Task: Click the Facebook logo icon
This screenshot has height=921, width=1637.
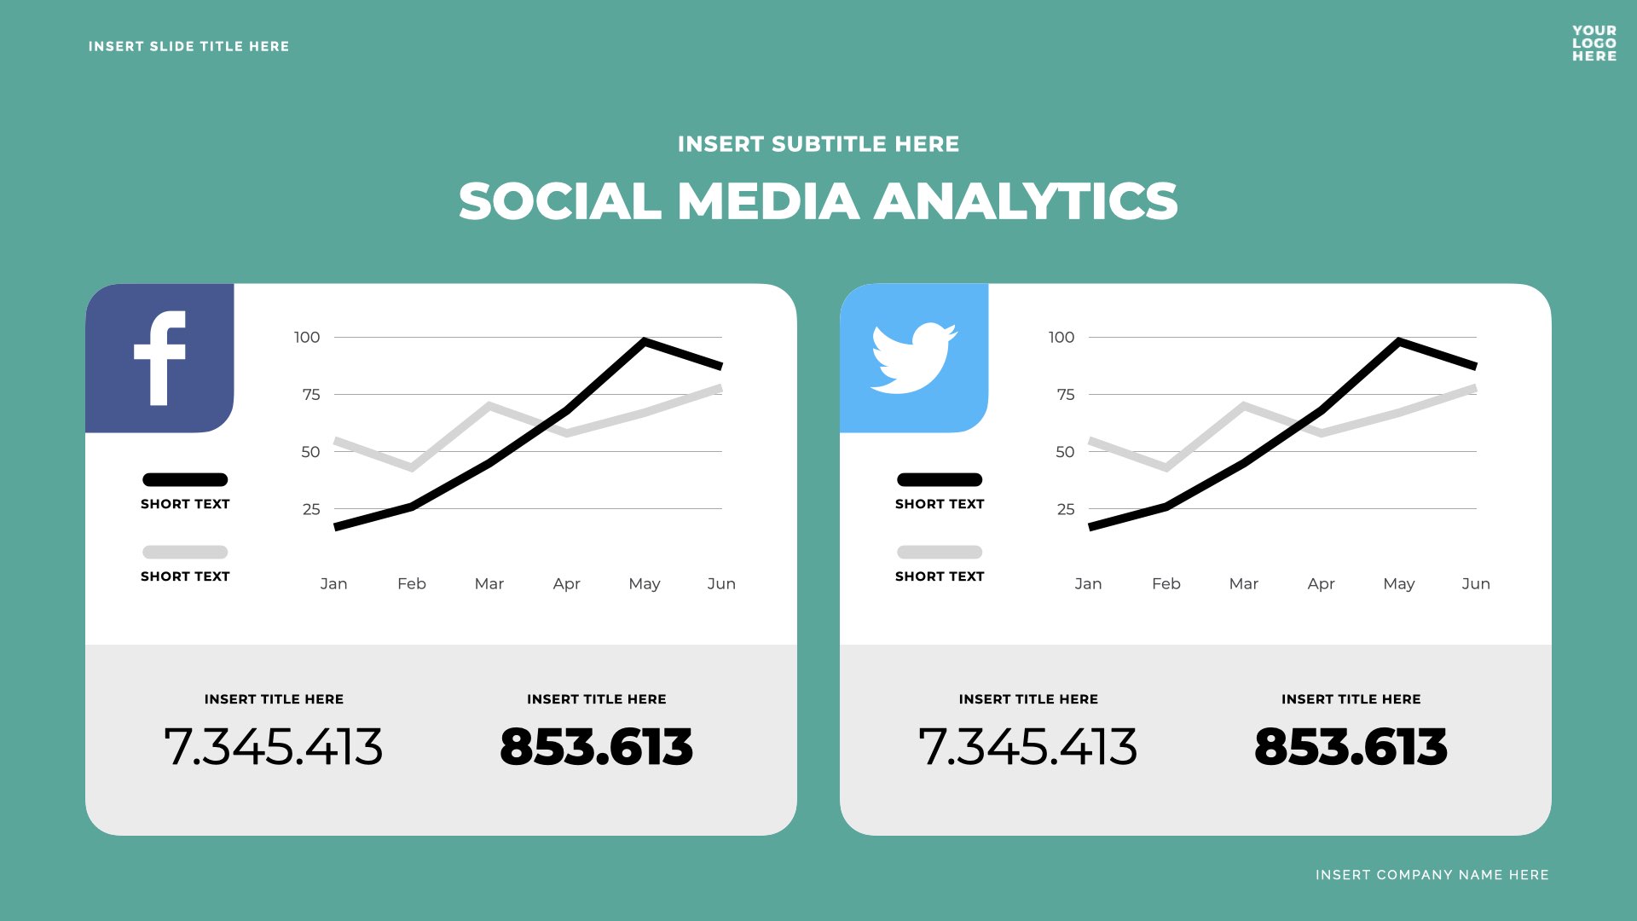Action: pos(159,358)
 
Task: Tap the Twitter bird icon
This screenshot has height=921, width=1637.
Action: pos(913,358)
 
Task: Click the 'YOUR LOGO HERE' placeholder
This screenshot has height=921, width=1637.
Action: pos(1594,43)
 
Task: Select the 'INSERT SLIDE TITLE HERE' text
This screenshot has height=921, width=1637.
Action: pos(188,47)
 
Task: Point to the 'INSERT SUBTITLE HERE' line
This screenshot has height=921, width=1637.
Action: pos(818,144)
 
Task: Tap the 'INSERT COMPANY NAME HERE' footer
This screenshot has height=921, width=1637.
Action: pos(1432,875)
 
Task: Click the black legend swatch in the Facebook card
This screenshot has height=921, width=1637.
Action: pos(185,480)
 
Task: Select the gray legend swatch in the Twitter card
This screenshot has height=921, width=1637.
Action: pos(940,553)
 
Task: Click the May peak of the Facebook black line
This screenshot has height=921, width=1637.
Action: pos(645,342)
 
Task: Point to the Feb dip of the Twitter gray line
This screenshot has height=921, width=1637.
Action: pos(1166,467)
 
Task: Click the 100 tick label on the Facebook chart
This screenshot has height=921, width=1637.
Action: pos(307,338)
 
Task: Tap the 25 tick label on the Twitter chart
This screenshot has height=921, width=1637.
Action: pos(1066,509)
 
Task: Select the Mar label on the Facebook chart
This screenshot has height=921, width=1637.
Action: pos(489,584)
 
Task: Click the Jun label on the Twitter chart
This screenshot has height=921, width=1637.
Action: pos(1476,584)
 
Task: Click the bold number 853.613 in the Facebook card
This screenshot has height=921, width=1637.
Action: pos(596,747)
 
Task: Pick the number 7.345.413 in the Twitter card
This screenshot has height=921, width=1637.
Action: pos(1027,747)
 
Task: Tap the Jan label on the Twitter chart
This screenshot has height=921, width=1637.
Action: pos(1088,584)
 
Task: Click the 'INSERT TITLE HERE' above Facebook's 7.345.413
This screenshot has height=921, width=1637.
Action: pos(274,699)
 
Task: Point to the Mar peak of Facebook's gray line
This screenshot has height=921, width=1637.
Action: pos(489,406)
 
